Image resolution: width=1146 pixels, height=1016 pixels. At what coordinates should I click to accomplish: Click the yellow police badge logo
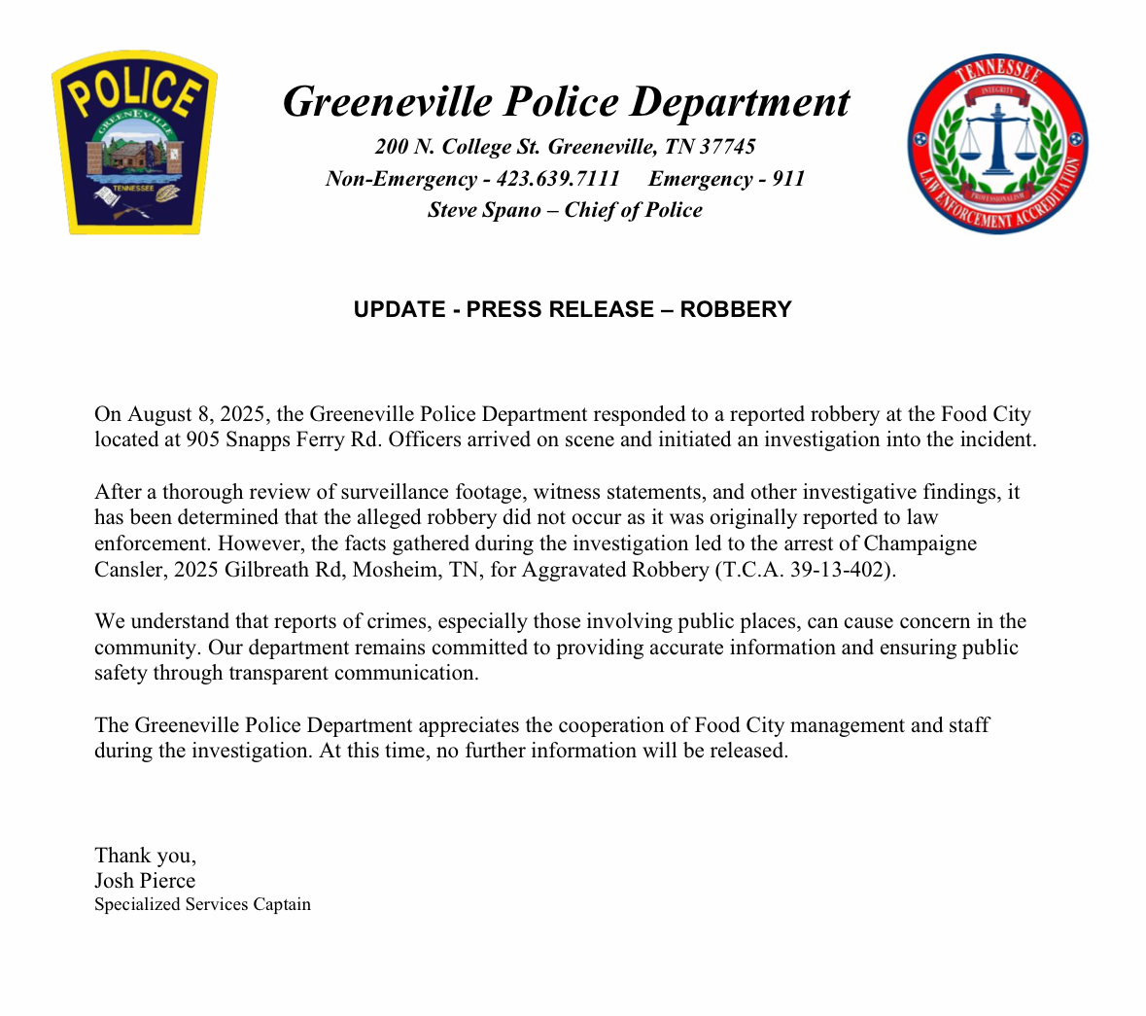pos(134,142)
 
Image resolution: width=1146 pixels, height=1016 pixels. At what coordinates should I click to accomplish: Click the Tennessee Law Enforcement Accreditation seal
pos(998,144)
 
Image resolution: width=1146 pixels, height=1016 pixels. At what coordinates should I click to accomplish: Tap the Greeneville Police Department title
pos(566,102)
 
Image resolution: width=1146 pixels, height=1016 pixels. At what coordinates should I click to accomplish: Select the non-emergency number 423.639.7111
pos(557,179)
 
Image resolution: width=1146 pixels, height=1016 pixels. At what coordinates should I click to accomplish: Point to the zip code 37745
pos(727,147)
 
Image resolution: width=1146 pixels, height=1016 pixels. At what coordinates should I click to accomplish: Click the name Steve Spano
pos(484,210)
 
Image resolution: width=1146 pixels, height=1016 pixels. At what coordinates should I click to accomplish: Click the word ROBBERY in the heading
pos(736,309)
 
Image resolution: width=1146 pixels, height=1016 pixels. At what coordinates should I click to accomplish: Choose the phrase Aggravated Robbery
pos(614,570)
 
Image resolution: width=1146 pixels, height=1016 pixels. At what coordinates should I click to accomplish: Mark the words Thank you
pos(145,856)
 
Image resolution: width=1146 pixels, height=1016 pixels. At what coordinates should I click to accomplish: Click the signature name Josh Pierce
pos(145,881)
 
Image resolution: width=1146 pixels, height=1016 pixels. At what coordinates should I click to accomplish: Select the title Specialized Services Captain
pos(202,905)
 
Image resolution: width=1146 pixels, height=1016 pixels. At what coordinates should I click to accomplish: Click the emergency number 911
pos(788,179)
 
